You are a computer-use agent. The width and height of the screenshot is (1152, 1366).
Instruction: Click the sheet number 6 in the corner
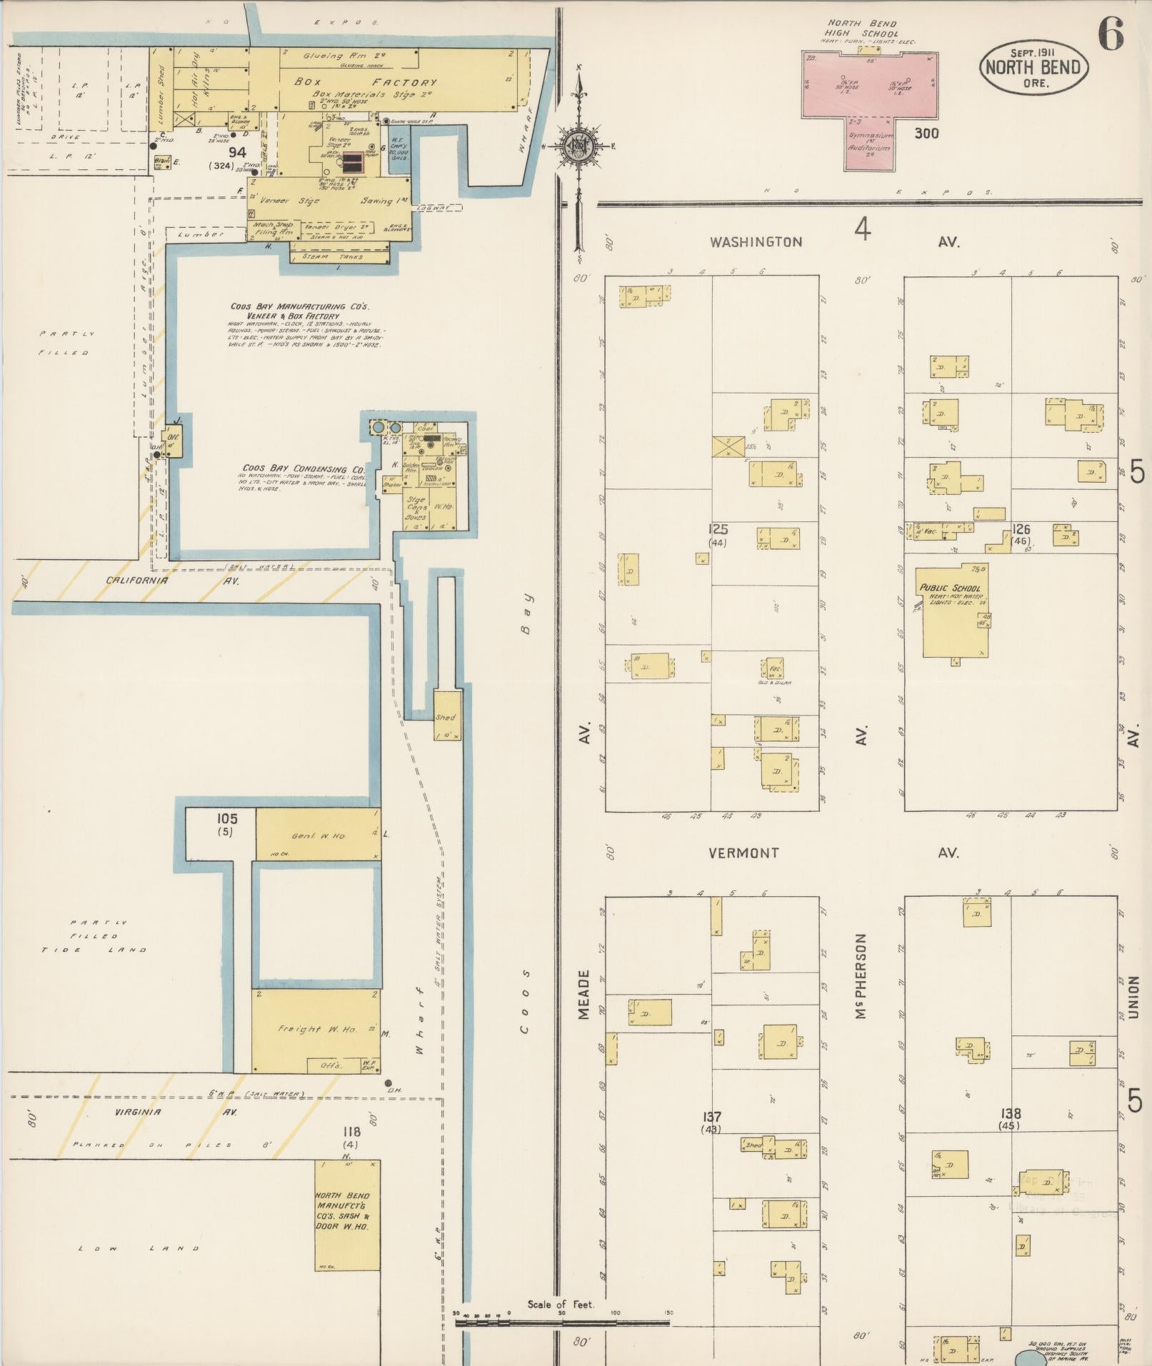(x=1111, y=34)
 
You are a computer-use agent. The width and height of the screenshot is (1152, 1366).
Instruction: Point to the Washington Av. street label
(x=756, y=242)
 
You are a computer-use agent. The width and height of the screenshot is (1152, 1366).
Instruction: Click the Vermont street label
(x=743, y=853)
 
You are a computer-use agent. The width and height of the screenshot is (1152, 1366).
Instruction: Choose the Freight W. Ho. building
(x=315, y=1030)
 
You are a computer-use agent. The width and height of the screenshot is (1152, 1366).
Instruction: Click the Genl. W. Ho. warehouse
(x=318, y=835)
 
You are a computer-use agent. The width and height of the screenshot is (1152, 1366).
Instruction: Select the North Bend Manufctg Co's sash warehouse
(x=347, y=1215)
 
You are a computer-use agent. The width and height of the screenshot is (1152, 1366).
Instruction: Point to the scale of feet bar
(x=562, y=1322)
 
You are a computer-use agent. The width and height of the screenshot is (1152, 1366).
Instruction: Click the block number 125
(x=717, y=529)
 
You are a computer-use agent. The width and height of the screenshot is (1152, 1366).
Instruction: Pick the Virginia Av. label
(x=138, y=1112)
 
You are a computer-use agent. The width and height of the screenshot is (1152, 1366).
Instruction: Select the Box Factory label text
(x=365, y=82)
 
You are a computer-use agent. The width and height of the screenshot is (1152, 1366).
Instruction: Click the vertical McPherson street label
(x=861, y=976)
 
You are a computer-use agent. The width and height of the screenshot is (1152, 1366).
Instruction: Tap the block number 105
(x=226, y=819)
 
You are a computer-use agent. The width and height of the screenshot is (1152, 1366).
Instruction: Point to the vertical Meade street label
(x=584, y=994)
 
